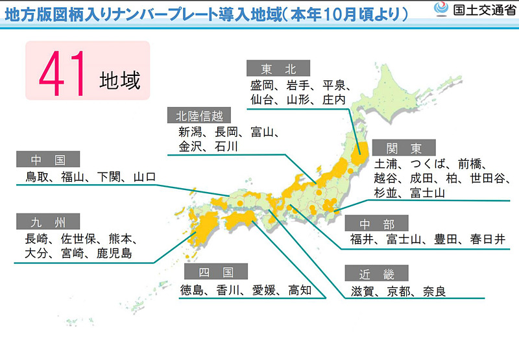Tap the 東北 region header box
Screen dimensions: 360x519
click(x=279, y=69)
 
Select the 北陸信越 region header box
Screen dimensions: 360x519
click(x=199, y=116)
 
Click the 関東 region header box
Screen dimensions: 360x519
click(x=404, y=147)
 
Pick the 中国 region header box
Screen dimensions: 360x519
click(x=49, y=160)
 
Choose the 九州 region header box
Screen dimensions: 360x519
click(x=49, y=222)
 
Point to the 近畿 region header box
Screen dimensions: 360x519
click(x=377, y=274)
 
